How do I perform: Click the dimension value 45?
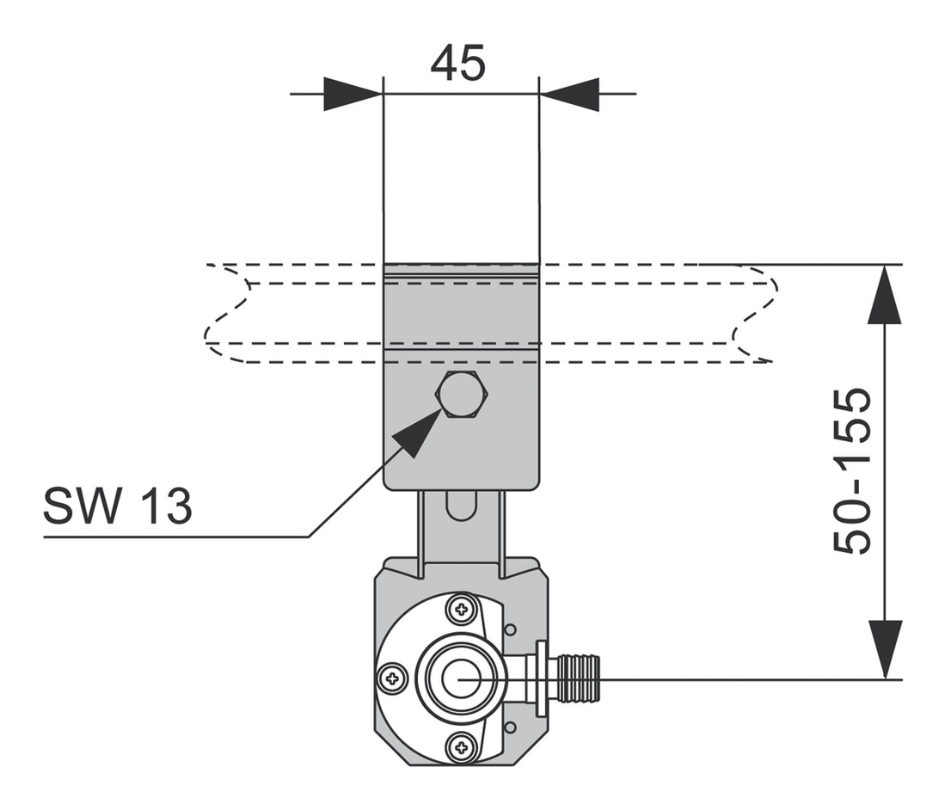(458, 63)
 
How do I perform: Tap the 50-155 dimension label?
(852, 471)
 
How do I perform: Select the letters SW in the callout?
(82, 506)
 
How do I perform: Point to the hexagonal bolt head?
(462, 395)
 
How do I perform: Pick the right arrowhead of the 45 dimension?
(569, 94)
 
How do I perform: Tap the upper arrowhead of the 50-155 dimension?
(885, 294)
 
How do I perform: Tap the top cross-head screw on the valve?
(463, 609)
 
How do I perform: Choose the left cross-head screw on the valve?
(392, 678)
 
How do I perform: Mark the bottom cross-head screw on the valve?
(463, 748)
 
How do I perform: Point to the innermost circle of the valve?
(458, 678)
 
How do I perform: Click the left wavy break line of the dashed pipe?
(229, 313)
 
